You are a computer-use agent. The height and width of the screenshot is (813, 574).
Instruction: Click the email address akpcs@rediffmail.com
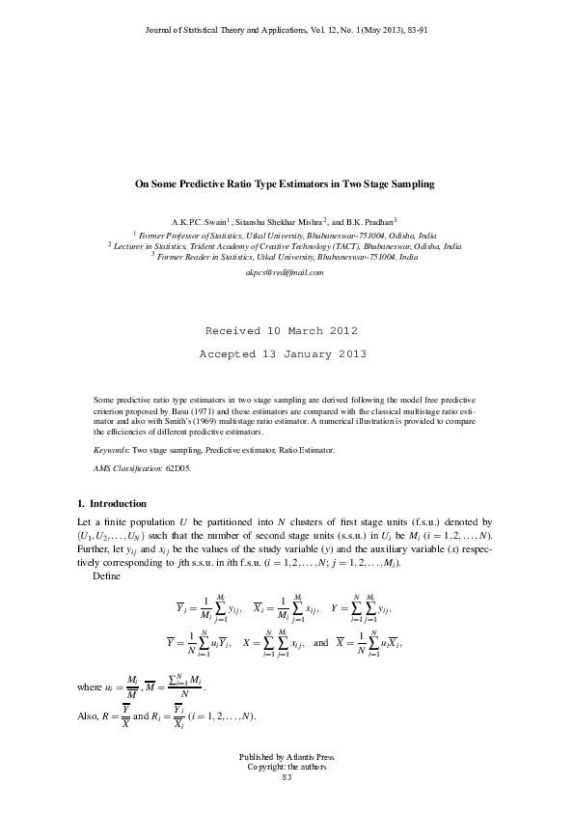[x=285, y=273]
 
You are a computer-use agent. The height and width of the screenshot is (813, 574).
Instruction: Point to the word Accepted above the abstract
[x=229, y=354]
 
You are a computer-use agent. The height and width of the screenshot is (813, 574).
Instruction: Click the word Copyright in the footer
[x=266, y=767]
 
